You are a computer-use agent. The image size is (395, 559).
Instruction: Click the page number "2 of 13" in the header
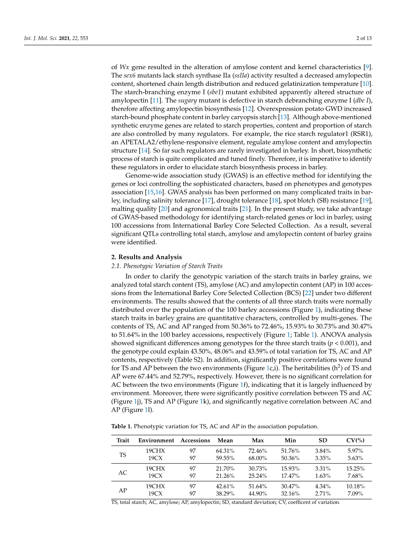tap(364, 38)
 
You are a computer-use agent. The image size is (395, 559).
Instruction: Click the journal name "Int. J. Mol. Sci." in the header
tap(41, 38)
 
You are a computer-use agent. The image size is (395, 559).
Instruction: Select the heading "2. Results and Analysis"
tap(146, 257)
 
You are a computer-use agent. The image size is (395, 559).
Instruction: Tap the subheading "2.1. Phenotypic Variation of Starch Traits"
tap(167, 266)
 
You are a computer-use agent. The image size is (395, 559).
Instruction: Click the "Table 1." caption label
tap(122, 426)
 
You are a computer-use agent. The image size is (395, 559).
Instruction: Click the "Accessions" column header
tap(195, 440)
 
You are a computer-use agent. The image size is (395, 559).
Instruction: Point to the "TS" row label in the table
tap(123, 455)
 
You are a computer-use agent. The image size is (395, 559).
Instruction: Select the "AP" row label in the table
tap(123, 490)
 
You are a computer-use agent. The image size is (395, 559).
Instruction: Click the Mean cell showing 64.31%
tap(225, 451)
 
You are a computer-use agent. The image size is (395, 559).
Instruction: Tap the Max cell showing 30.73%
tap(258, 468)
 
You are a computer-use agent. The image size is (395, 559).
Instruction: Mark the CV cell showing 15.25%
tap(355, 468)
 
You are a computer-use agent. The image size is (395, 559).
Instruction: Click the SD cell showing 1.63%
tap(323, 476)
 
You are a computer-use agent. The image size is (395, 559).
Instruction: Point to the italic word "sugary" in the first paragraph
tap(187, 100)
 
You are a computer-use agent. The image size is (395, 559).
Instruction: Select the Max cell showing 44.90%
tap(258, 494)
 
